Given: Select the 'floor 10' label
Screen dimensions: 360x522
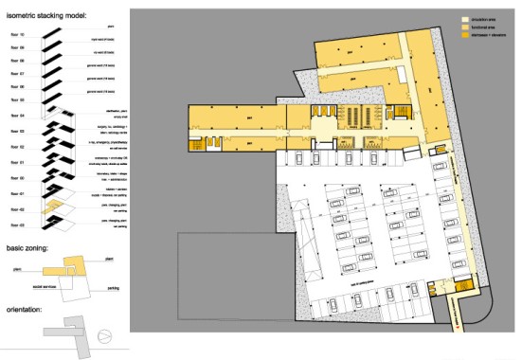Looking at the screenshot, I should click(x=16, y=32).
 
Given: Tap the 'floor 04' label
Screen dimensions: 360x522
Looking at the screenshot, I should click(x=16, y=116).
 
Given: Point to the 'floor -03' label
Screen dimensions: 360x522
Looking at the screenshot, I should click(x=16, y=225).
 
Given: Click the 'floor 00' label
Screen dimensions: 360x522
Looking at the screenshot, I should click(x=16, y=177).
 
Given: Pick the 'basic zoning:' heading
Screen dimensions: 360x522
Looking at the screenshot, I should click(x=31, y=248).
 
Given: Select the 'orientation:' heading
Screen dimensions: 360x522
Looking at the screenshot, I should click(x=27, y=306).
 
